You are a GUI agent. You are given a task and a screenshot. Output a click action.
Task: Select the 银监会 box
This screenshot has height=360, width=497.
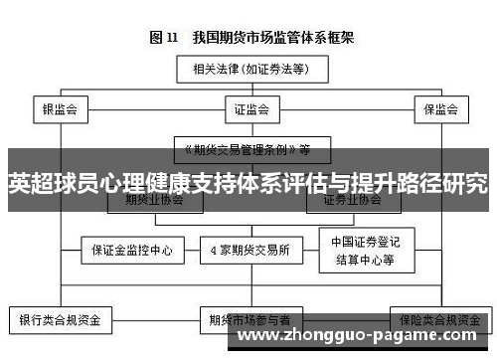[60, 107]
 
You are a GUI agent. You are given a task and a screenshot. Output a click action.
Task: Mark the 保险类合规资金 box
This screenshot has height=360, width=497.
[433, 321]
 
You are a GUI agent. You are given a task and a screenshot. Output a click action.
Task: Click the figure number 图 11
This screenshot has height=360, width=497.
[163, 39]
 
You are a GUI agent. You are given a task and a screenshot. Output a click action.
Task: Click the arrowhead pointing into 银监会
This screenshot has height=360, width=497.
[60, 95]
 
